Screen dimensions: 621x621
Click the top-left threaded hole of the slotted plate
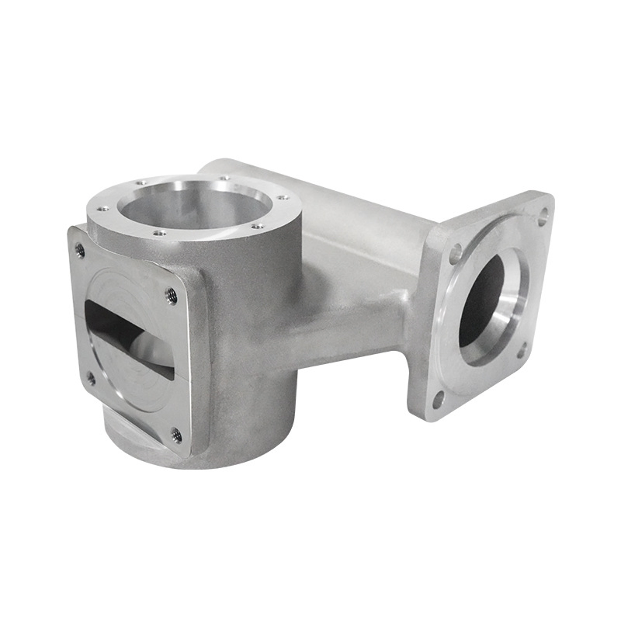pos(79,250)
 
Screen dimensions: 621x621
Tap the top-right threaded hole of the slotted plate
pos(172,295)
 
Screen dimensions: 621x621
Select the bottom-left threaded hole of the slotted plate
pos(91,378)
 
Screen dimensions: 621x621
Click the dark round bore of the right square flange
pos(483,299)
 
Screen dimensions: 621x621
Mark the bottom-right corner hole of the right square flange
pos(522,349)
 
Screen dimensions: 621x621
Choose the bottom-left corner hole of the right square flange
pos(439,399)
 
